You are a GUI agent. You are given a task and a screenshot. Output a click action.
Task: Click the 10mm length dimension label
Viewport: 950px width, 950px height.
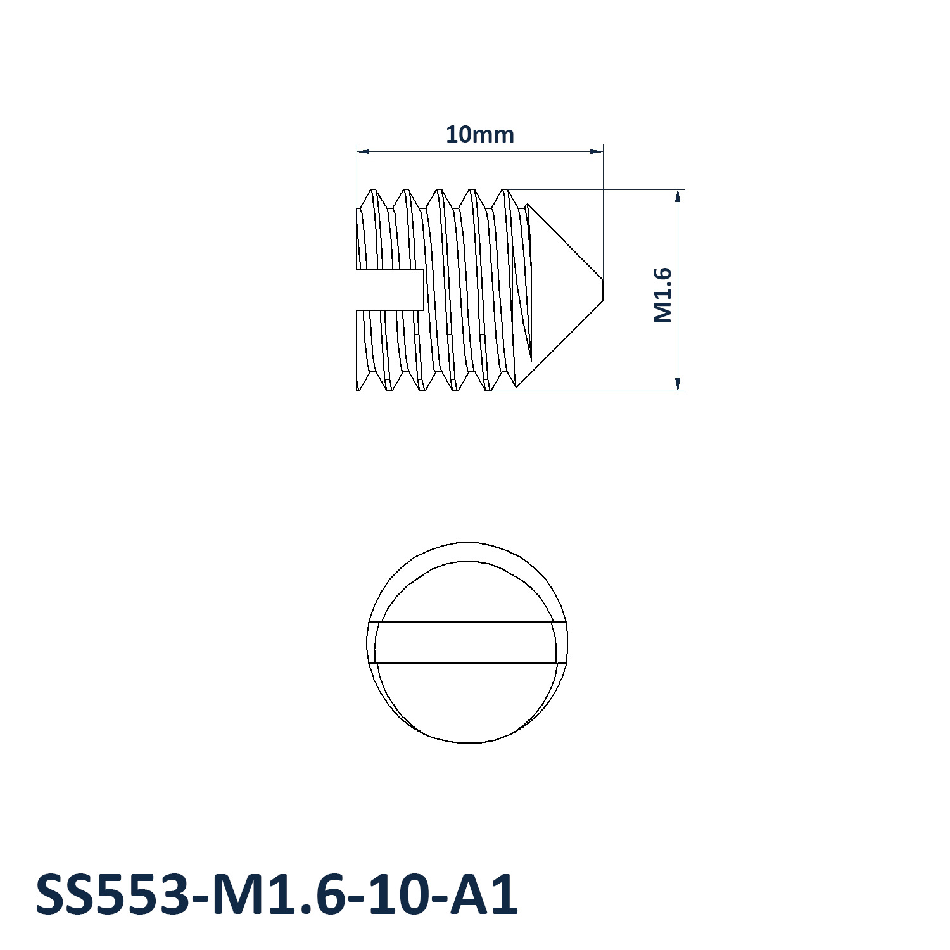pyautogui.click(x=479, y=134)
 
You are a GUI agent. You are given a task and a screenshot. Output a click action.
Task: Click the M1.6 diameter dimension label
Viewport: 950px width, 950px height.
pyautogui.click(x=662, y=295)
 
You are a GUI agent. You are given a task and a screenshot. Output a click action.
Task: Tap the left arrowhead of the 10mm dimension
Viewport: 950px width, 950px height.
pyautogui.click(x=363, y=151)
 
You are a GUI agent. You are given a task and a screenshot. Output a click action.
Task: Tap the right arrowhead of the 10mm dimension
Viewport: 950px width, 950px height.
pyautogui.click(x=597, y=151)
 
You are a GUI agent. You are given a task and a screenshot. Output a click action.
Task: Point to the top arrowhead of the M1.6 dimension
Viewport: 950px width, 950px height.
pyautogui.click(x=678, y=196)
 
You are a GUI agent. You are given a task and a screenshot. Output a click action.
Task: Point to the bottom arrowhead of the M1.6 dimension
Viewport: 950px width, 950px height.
pyautogui.click(x=678, y=384)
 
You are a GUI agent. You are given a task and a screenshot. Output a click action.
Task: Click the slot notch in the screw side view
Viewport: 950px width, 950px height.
pyautogui.click(x=390, y=289)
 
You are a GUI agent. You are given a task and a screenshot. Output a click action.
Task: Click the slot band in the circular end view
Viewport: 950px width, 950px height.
pyautogui.click(x=467, y=642)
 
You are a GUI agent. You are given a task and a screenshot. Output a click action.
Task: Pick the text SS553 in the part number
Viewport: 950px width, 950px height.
pyautogui.click(x=111, y=895)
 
